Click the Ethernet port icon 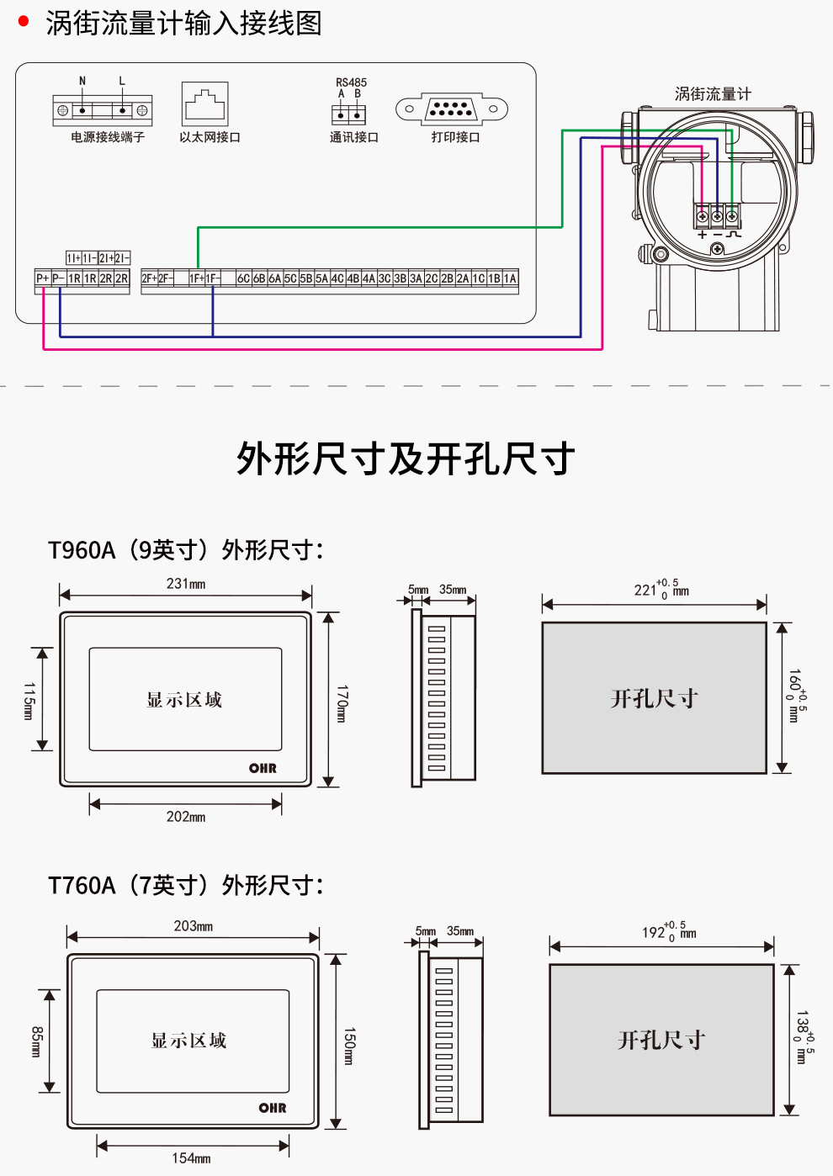click(204, 104)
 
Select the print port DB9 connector click(452, 109)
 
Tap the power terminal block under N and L click(103, 110)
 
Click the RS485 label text click(351, 82)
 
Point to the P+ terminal click(43, 278)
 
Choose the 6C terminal click(243, 278)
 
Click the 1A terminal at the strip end click(510, 278)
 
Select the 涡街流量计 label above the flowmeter click(713, 94)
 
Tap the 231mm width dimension click(186, 584)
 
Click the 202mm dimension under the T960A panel click(186, 817)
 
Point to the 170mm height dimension click(342, 703)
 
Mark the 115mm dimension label click(29, 701)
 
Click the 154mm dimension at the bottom click(191, 1158)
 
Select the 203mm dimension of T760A click(193, 926)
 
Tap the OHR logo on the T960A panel click(263, 768)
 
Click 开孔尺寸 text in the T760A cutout click(661, 1041)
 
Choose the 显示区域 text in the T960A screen click(184, 700)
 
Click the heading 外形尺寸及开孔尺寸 click(406, 459)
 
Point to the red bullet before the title click(24, 21)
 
